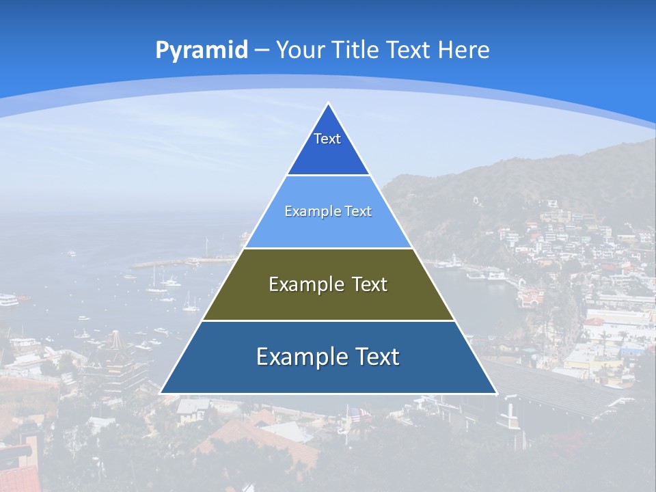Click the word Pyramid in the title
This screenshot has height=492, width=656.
[201, 50]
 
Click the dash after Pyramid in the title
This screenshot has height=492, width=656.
[262, 51]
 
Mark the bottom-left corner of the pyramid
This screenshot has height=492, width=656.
[161, 393]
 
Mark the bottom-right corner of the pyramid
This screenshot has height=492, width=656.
[495, 393]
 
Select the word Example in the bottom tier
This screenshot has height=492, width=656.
[301, 357]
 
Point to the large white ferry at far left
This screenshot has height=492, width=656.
[8, 299]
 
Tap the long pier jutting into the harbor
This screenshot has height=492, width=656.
[179, 262]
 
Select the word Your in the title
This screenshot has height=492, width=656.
[301, 50]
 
